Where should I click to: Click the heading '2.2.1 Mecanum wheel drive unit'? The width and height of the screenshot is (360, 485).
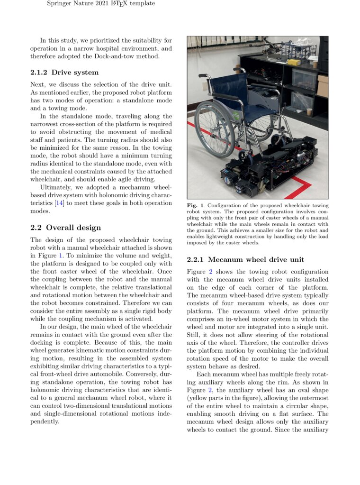[x=245, y=259]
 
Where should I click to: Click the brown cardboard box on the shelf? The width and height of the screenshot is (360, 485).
[x=323, y=86]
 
